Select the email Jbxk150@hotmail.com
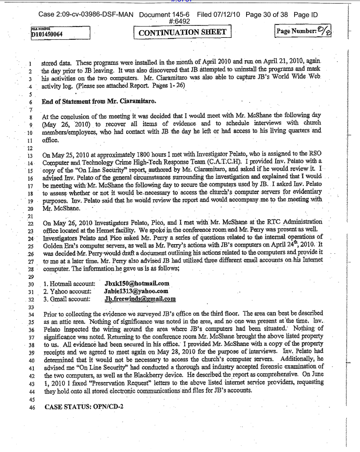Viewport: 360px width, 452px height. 136,283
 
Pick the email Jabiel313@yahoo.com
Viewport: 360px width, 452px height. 136,291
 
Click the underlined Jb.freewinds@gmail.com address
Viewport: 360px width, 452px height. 139,299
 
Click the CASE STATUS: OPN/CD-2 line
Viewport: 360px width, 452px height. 84,407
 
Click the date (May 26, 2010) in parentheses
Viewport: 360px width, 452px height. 69,124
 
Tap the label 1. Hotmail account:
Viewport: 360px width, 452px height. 69,283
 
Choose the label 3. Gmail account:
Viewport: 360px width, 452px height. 68,299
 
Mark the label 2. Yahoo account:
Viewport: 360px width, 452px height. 68,291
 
